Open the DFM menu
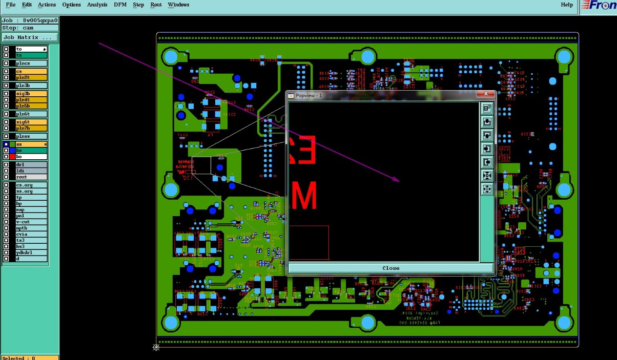pyautogui.click(x=120, y=5)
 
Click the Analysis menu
pyautogui.click(x=97, y=5)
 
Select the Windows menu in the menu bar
pyautogui.click(x=178, y=5)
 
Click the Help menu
pyautogui.click(x=567, y=5)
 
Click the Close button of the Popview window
pyautogui.click(x=390, y=268)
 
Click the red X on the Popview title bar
pyautogui.click(x=485, y=95)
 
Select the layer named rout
pyautogui.click(x=31, y=177)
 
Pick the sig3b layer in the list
pyautogui.click(x=31, y=94)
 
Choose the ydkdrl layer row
pyautogui.click(x=31, y=252)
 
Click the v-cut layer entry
pyautogui.click(x=31, y=222)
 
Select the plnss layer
pyautogui.click(x=31, y=136)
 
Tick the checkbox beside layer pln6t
pyautogui.click(x=6, y=114)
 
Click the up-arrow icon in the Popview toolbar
pyautogui.click(x=487, y=122)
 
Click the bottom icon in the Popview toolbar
pyautogui.click(x=487, y=189)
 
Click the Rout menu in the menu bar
pyautogui.click(x=156, y=5)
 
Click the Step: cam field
pyautogui.click(x=30, y=28)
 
